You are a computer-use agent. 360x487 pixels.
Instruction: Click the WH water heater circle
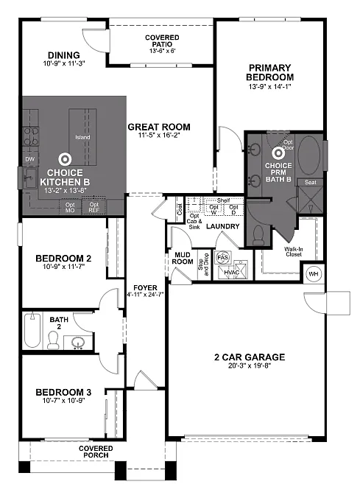tap(312, 273)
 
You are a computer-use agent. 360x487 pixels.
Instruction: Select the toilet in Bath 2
tap(54, 340)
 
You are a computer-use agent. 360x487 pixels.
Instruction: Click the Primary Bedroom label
tap(270, 72)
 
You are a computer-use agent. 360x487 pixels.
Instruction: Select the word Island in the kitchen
tap(82, 137)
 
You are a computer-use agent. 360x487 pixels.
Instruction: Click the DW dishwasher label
tap(29, 159)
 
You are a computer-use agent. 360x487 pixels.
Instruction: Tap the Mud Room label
tap(181, 257)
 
